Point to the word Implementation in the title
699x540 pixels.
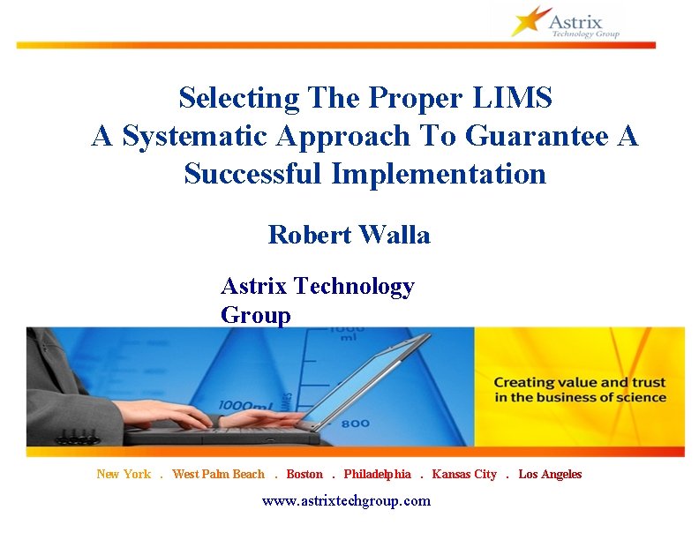tap(439, 174)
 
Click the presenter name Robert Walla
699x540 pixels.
tap(349, 235)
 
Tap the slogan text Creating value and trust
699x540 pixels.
tap(579, 383)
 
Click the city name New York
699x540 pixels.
tap(124, 475)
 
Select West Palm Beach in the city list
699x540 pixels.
tap(218, 475)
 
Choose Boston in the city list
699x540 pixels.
tap(304, 475)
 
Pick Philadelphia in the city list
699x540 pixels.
tap(377, 475)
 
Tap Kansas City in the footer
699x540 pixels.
tap(464, 475)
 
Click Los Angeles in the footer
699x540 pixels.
tap(550, 475)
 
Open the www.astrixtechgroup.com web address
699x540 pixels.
tap(346, 501)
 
